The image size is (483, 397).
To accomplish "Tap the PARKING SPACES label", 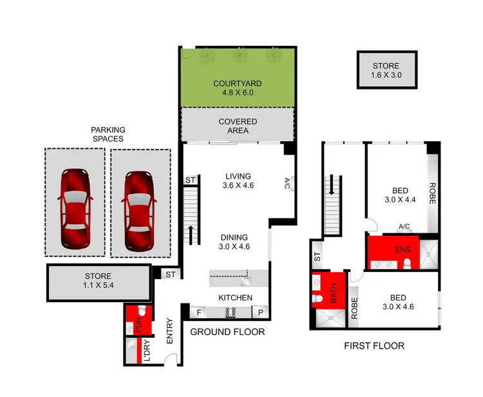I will click(x=108, y=134).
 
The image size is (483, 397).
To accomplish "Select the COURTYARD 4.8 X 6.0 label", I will click(x=238, y=88).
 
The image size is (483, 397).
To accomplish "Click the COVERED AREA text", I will click(x=238, y=126).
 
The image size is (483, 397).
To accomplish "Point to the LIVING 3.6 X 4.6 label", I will click(x=238, y=180).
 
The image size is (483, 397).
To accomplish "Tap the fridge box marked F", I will click(x=199, y=313).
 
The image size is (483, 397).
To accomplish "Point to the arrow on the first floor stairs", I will click(x=332, y=186).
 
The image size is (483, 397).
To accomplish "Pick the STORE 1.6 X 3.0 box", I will click(x=386, y=70).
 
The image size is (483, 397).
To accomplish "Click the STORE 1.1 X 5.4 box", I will click(x=97, y=281).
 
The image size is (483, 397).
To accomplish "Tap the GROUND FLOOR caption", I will click(x=227, y=332).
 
